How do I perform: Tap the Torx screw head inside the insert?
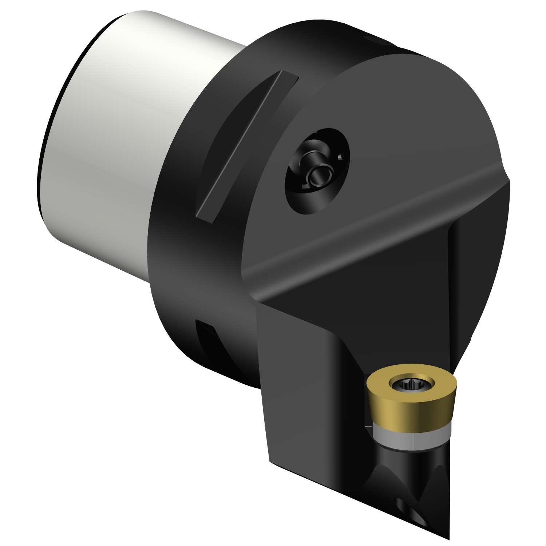pos(412,384)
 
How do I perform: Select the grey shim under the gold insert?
pos(411,439)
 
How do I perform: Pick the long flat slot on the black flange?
pos(248,146)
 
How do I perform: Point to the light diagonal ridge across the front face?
pos(364,226)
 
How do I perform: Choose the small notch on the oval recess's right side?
pos(340,157)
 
